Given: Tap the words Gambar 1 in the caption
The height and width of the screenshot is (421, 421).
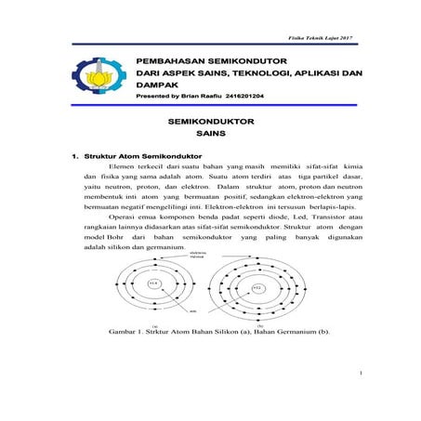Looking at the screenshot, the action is [x=130, y=331].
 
